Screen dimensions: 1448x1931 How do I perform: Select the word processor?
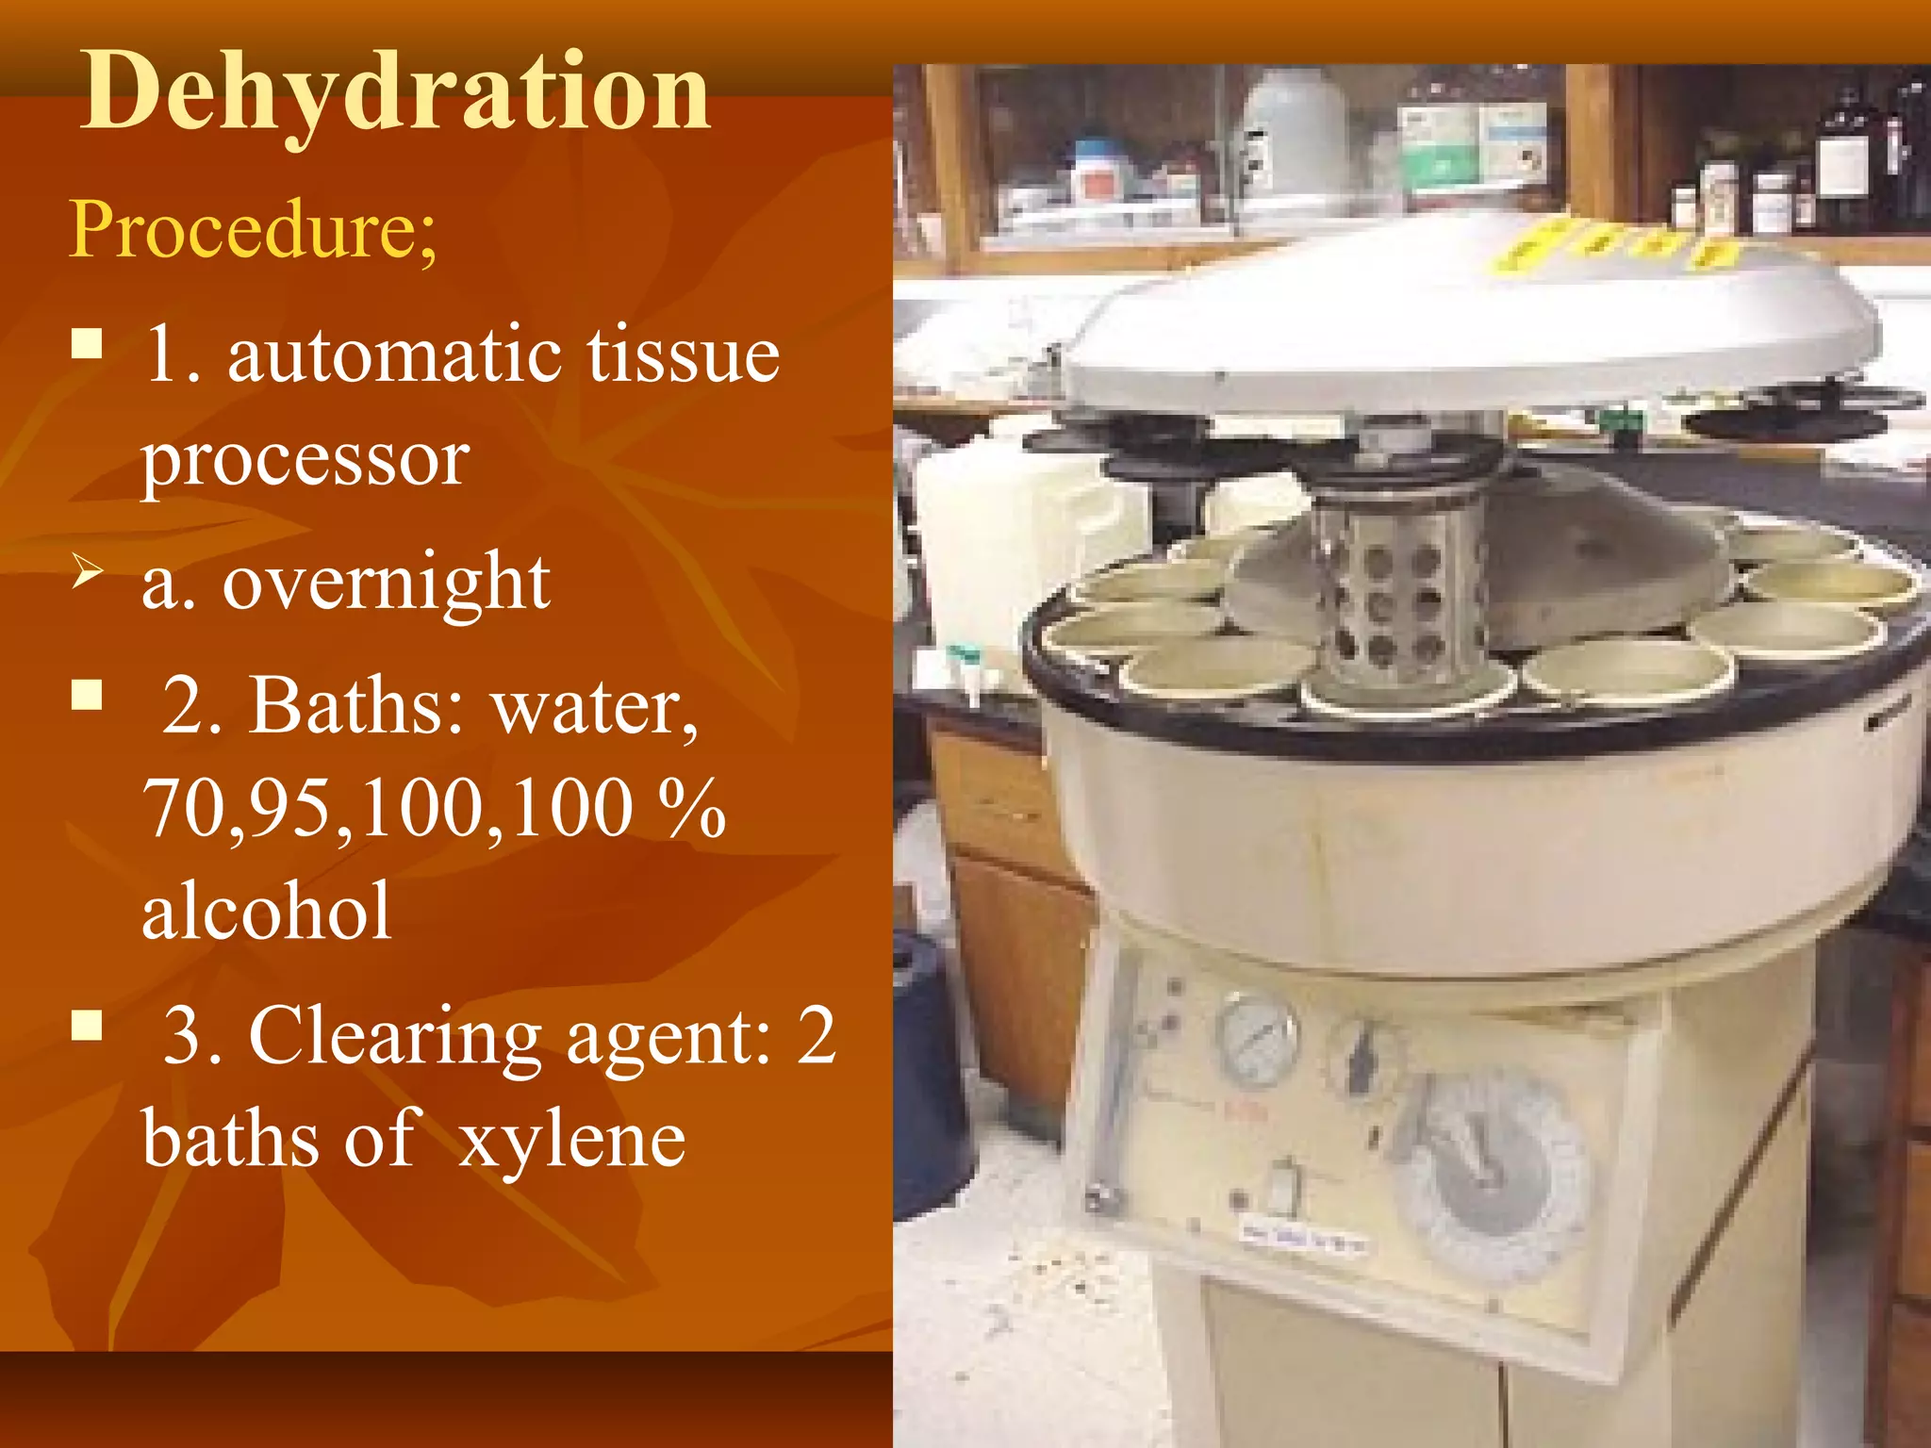click(x=305, y=461)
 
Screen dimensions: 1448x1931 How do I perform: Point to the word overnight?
click(x=386, y=583)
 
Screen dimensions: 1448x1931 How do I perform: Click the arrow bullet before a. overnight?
click(x=87, y=571)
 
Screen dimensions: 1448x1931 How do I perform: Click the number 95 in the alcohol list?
click(x=292, y=808)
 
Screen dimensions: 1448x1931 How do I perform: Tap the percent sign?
click(x=692, y=808)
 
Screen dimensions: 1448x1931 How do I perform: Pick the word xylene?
click(x=571, y=1140)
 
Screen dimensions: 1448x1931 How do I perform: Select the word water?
click(x=595, y=707)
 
